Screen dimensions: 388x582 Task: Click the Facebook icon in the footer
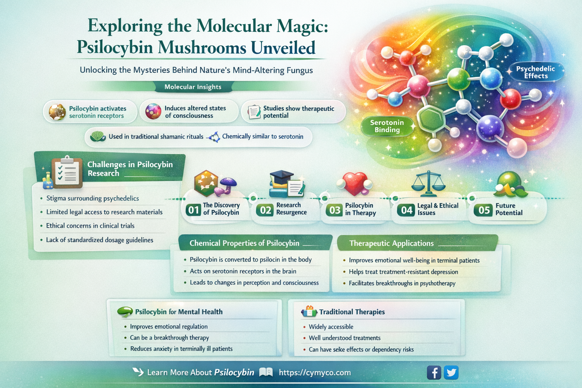coord(434,372)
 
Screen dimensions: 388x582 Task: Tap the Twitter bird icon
coord(451,372)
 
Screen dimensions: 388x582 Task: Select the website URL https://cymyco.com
coord(314,372)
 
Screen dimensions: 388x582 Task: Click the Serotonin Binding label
coord(387,126)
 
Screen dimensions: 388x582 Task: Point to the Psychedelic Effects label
coord(535,72)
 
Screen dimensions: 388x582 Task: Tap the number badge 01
coord(193,210)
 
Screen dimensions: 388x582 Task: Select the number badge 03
coord(335,210)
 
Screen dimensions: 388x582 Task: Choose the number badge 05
coord(484,210)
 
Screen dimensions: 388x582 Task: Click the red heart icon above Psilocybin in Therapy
coord(354,183)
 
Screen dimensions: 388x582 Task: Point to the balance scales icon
coord(428,183)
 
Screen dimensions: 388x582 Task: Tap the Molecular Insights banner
coord(193,87)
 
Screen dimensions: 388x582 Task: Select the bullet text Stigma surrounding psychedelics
coord(92,198)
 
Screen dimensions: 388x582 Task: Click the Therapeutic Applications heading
coord(391,243)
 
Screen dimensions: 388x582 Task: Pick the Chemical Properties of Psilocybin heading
coord(244,243)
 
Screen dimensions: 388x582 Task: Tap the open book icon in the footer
coord(266,372)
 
